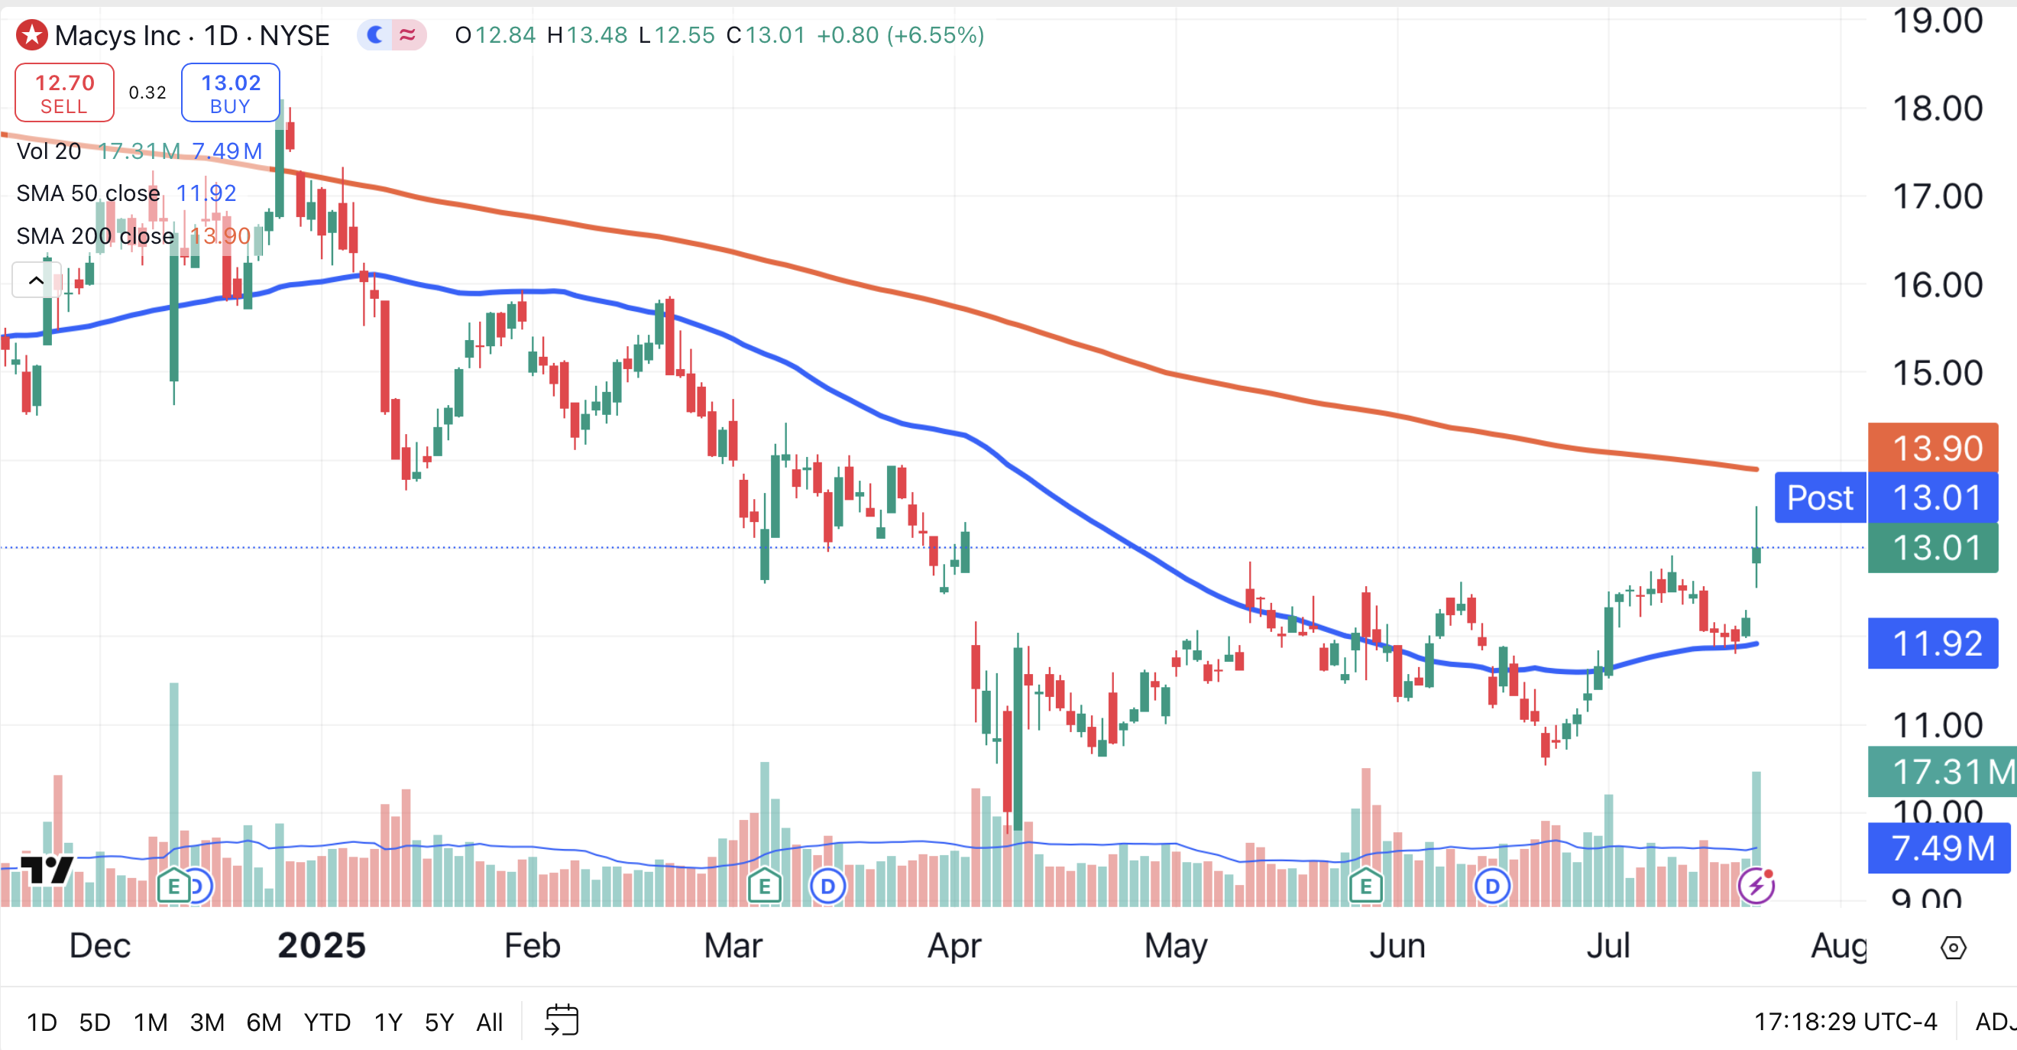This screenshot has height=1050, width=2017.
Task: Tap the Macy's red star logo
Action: click(32, 35)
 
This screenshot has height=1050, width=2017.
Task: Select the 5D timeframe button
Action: click(95, 1022)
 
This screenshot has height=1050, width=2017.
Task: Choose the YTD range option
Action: click(326, 1022)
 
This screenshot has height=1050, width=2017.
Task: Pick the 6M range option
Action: click(264, 1022)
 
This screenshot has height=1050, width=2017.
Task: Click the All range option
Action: click(490, 1022)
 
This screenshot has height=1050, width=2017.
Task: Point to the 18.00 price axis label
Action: click(1937, 109)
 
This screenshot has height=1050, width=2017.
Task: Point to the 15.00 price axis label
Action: click(1937, 374)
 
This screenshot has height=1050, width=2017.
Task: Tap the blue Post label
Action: click(1820, 498)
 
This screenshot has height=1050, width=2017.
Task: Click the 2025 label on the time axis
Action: click(321, 946)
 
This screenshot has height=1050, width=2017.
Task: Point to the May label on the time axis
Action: click(1175, 946)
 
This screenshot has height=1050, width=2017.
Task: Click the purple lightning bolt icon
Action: click(1756, 886)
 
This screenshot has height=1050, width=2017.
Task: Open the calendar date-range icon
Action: click(562, 1020)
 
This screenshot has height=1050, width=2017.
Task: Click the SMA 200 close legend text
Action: click(95, 235)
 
